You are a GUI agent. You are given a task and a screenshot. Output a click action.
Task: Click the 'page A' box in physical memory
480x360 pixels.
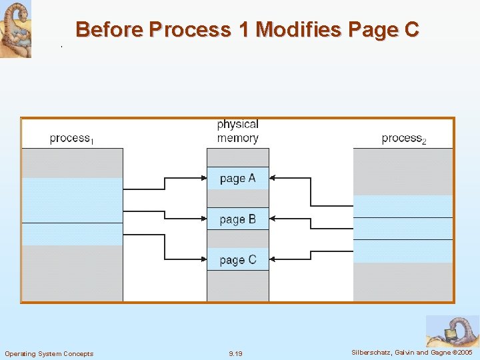[237, 178]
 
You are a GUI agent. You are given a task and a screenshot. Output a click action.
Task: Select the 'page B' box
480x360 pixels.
[237, 219]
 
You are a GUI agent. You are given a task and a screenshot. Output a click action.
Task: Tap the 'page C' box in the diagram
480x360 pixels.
[237, 259]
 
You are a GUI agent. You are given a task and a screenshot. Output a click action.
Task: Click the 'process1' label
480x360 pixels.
[71, 139]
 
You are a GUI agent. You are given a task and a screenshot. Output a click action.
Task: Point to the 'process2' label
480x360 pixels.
[403, 139]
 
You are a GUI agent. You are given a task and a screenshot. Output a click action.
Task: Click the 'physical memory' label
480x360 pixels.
[237, 131]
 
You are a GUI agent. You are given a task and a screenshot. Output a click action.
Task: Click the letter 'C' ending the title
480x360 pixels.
[411, 30]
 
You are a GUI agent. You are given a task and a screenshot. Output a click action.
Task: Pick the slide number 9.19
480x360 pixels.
[235, 353]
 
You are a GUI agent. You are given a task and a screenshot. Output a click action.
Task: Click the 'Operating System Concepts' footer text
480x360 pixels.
[49, 353]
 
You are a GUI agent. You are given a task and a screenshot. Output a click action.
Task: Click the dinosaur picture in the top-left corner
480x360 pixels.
[15, 29]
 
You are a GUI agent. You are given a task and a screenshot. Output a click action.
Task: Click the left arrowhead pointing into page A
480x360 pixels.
[203, 178]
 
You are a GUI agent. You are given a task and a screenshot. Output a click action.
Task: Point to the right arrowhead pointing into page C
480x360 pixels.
[273, 259]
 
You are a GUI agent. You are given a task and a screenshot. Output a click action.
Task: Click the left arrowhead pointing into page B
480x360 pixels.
[203, 219]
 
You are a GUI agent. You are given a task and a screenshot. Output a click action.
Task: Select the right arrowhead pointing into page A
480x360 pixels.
[273, 178]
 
